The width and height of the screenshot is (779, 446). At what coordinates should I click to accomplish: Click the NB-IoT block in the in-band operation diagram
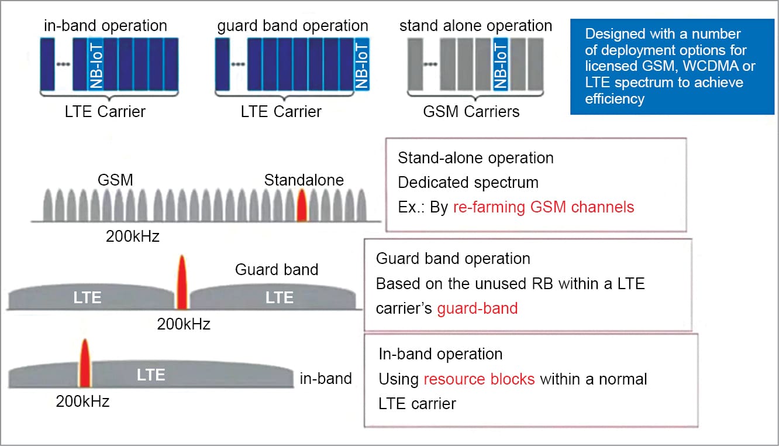[x=95, y=64]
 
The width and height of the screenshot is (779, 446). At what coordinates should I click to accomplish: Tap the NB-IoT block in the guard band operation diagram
[x=362, y=64]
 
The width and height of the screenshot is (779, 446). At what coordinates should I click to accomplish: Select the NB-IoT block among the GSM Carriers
[x=500, y=64]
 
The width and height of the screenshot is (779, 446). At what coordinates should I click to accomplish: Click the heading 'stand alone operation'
[x=475, y=26]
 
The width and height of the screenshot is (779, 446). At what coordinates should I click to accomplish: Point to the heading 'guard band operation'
[x=292, y=26]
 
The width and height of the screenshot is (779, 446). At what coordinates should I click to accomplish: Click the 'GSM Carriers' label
[x=471, y=111]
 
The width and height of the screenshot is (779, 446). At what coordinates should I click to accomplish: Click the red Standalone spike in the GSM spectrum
[x=302, y=205]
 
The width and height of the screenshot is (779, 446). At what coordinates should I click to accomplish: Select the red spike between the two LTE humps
[x=182, y=283]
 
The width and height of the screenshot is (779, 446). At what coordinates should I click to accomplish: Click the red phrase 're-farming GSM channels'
[x=543, y=207]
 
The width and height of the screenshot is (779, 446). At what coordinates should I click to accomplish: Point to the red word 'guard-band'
[x=477, y=308]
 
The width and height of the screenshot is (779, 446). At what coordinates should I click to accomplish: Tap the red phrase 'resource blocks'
[x=479, y=379]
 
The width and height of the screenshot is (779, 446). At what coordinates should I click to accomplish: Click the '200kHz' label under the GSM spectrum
[x=132, y=236]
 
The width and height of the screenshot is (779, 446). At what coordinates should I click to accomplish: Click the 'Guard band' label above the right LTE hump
[x=277, y=269]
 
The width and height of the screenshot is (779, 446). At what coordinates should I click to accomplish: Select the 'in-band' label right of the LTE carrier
[x=326, y=379]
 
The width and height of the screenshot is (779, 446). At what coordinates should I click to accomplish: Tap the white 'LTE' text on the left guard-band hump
[x=87, y=297]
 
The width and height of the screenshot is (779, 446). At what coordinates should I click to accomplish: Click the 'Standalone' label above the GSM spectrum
[x=304, y=180]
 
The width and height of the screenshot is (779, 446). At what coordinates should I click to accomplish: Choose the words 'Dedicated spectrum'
[x=468, y=182]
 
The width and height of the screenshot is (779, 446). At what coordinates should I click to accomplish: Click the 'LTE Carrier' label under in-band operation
[x=105, y=111]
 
